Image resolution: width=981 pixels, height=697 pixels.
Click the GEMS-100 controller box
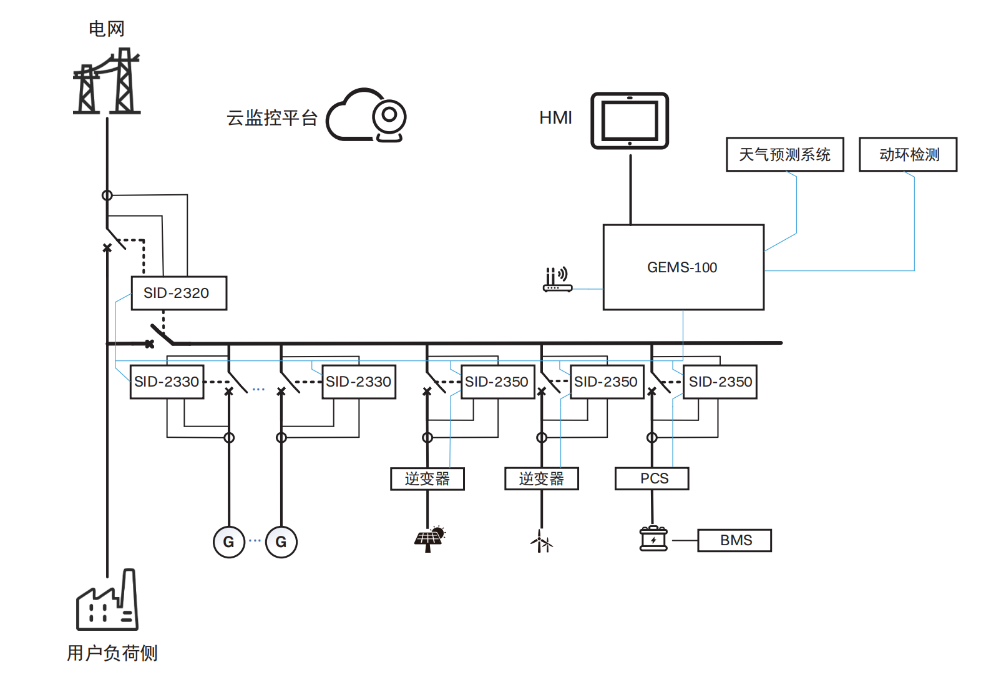coord(683,267)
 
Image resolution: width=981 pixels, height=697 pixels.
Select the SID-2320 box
coord(179,293)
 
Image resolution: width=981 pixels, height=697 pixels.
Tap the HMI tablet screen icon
coord(629,121)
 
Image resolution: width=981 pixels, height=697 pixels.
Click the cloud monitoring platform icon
coord(366,116)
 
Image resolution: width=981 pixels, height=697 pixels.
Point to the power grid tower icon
coord(107,81)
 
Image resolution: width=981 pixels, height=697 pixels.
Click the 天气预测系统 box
coord(785,154)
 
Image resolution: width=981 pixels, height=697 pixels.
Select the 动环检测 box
coord(908,154)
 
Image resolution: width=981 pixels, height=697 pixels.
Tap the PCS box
coord(652,478)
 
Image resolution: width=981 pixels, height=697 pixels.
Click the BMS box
coord(735,540)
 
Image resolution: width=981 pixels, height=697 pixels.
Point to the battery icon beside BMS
coord(653,538)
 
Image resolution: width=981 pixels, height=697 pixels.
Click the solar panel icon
coord(429,539)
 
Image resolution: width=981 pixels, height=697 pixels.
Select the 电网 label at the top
coord(107,29)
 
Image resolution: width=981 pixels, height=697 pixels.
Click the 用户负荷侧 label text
coord(112,653)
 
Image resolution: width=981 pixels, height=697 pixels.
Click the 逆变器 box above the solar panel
coord(427,478)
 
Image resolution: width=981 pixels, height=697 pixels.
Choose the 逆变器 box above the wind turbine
coord(542,478)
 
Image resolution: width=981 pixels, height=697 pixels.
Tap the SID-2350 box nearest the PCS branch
coord(720,382)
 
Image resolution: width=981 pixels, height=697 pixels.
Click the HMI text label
coord(555,117)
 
